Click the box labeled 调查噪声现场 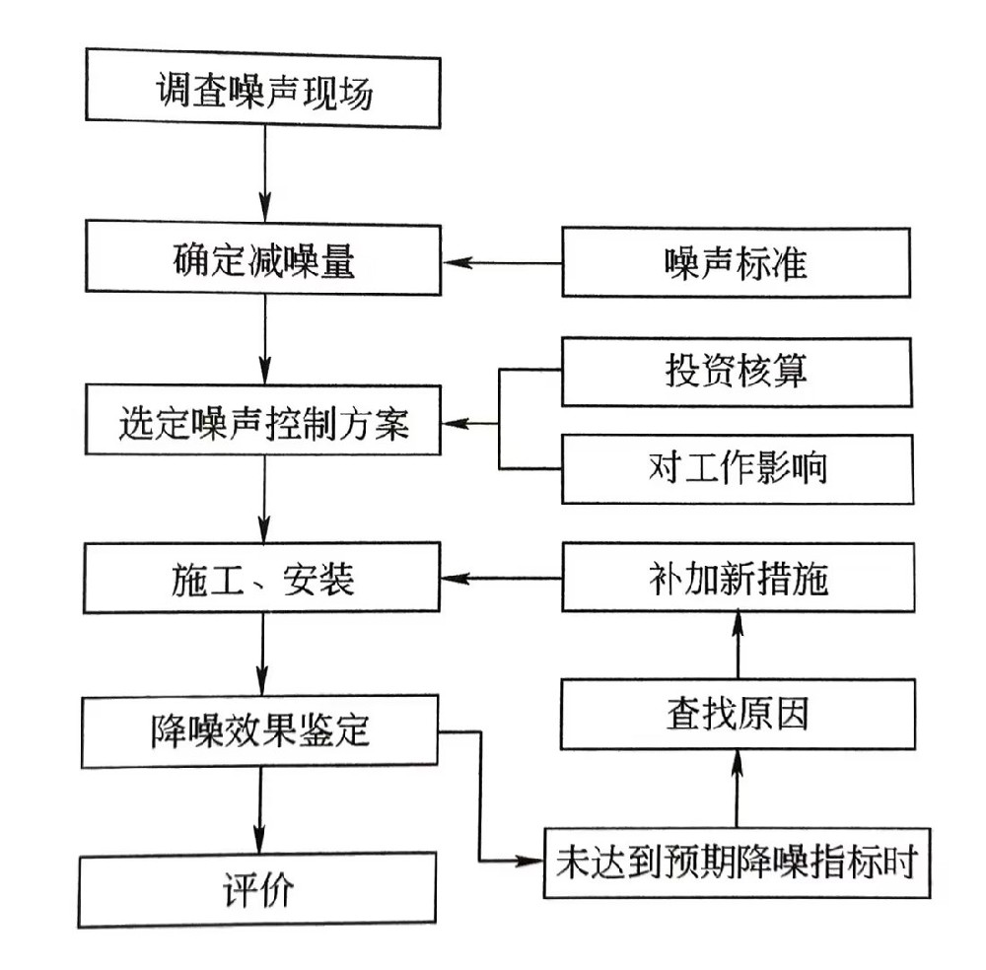click(x=263, y=96)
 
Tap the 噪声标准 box click(x=736, y=262)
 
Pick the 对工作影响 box click(x=736, y=467)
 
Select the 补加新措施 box click(x=736, y=579)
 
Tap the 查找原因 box click(x=736, y=713)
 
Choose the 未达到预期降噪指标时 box click(x=736, y=863)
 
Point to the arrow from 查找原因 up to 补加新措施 click(x=737, y=645)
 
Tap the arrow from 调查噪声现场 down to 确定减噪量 click(x=264, y=173)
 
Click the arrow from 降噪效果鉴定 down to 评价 click(x=259, y=810)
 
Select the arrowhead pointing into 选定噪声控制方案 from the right click(x=454, y=425)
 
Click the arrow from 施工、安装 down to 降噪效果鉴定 click(x=263, y=655)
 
